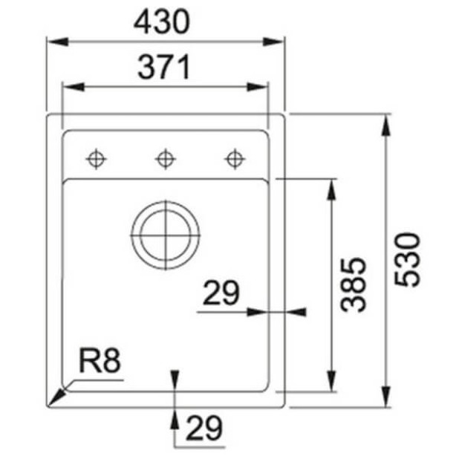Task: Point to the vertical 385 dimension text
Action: (354, 284)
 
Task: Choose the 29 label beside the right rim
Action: (221, 295)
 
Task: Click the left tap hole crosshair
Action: (96, 158)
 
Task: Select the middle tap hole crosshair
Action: (165, 158)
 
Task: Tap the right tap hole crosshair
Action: (234, 158)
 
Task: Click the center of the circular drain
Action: (165, 233)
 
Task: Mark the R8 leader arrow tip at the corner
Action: (51, 404)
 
